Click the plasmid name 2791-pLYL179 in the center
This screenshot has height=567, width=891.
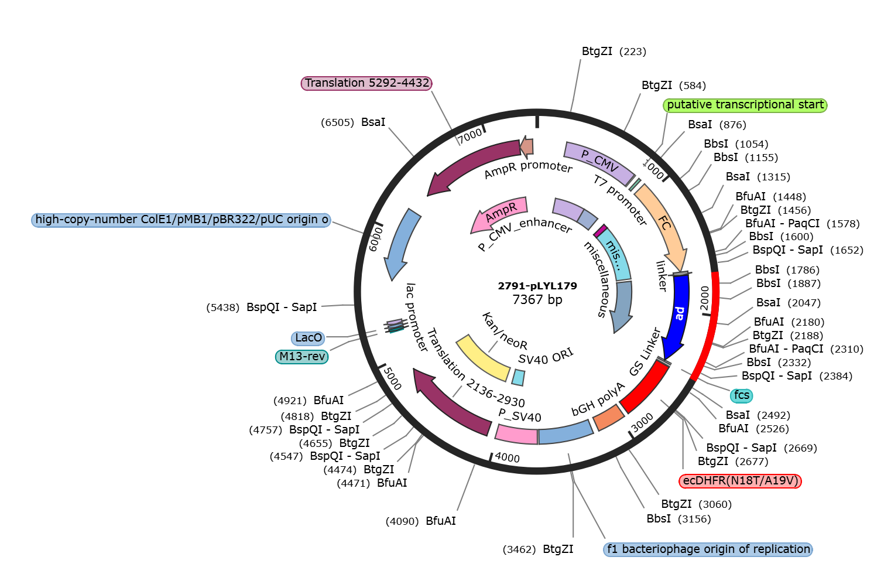point(537,286)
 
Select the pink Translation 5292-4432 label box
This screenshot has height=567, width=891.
point(366,83)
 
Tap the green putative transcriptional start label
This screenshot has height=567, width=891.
point(745,105)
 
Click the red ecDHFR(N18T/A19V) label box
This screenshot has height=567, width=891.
point(740,481)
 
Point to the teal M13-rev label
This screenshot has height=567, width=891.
point(302,357)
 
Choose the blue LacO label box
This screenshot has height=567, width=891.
point(309,338)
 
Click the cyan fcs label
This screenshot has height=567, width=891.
point(742,395)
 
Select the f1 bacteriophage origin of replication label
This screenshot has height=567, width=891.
point(708,549)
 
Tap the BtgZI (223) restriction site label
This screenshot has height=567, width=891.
point(614,52)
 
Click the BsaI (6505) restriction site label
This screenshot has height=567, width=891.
point(353,122)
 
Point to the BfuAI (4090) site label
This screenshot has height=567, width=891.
point(421,521)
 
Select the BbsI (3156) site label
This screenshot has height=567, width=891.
point(678,519)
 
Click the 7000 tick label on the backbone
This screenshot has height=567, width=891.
point(470,136)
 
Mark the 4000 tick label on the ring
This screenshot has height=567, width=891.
point(507,457)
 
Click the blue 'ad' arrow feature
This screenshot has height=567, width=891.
point(678,315)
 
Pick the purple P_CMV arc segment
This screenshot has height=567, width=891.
point(599,162)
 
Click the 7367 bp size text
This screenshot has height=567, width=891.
point(537,299)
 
